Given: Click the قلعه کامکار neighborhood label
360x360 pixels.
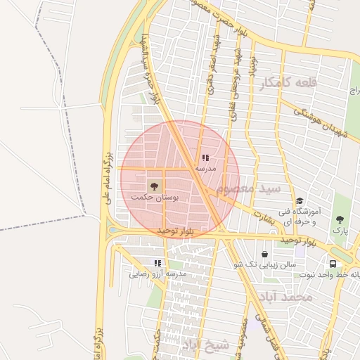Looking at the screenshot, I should click(x=288, y=84).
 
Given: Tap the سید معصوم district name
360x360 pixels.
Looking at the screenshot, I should click(x=250, y=190).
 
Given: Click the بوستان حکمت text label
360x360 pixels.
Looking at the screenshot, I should click(x=155, y=199).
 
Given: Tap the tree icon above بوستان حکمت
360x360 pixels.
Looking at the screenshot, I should click(x=153, y=186).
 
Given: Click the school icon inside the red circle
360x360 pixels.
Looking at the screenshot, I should click(x=205, y=158).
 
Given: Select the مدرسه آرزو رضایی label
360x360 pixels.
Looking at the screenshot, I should click(x=157, y=274).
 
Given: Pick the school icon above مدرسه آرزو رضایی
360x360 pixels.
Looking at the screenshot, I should click(x=157, y=263).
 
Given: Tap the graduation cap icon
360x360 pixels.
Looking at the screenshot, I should click(x=300, y=201).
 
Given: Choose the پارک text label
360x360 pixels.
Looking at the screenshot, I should click(x=340, y=230).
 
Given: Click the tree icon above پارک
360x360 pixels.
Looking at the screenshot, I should click(x=340, y=219).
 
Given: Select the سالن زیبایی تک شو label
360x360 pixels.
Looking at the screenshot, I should click(x=267, y=264).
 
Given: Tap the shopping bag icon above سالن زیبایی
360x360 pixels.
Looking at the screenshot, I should click(x=264, y=254).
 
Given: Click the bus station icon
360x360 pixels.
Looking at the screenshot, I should click(x=332, y=264).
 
